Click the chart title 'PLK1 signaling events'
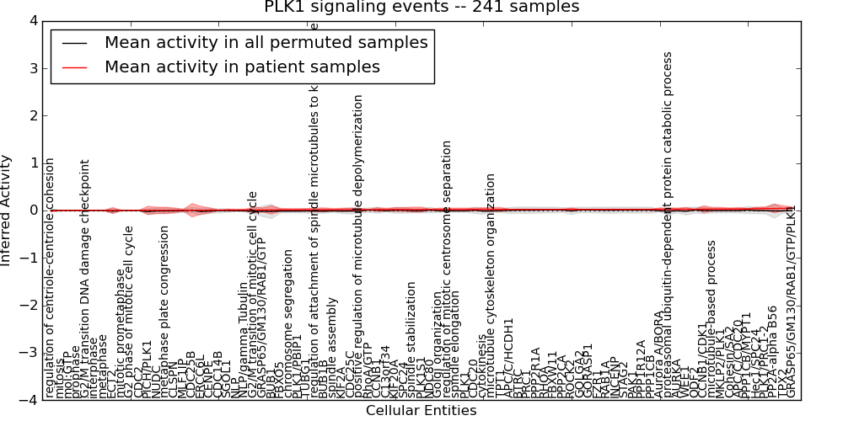pos(421,8)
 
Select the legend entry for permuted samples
pos(266,42)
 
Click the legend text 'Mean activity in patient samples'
pos(242,67)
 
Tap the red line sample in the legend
pos(74,67)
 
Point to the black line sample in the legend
pos(74,42)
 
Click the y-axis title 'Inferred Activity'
pos(7,210)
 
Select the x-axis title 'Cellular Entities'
pos(421,411)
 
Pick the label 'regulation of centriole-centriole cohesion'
pos(50,290)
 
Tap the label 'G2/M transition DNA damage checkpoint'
pos(85,278)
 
